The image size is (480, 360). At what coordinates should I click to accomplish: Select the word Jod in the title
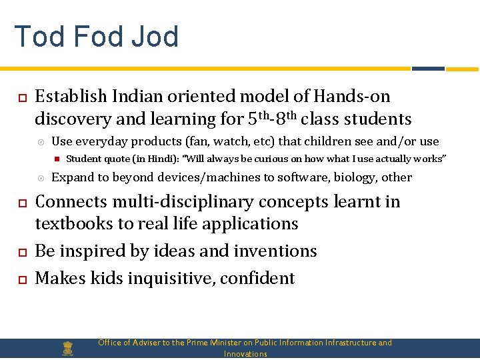click(156, 37)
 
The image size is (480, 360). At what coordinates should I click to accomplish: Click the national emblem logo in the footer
click(67, 348)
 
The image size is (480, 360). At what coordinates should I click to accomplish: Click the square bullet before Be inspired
click(21, 252)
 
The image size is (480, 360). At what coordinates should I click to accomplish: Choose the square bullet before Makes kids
click(21, 279)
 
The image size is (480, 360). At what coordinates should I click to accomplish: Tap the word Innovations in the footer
click(245, 354)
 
